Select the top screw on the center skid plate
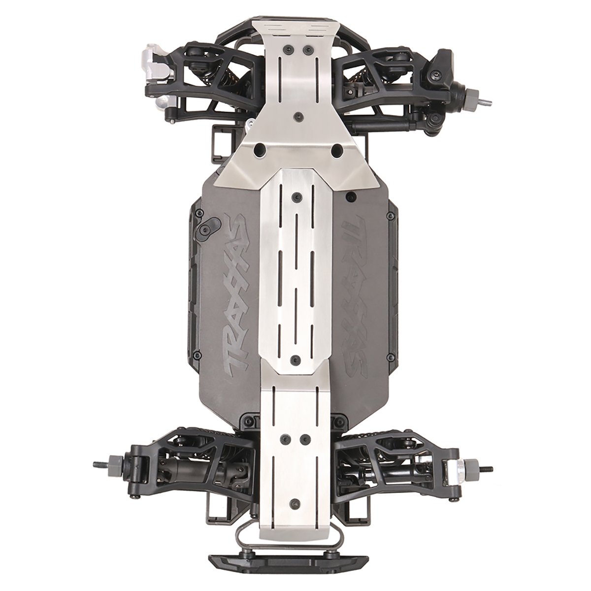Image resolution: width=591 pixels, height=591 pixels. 296,196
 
